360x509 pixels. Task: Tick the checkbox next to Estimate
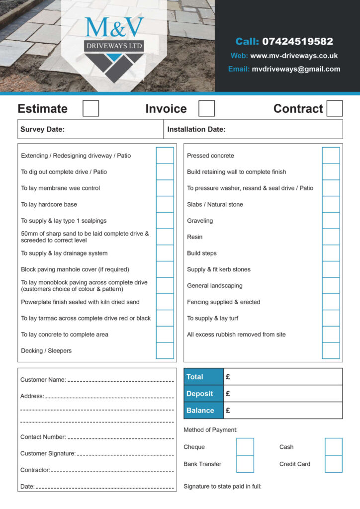click(x=90, y=108)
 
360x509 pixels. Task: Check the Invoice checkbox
click(x=206, y=108)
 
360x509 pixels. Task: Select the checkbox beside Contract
click(x=335, y=108)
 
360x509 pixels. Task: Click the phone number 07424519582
click(x=297, y=41)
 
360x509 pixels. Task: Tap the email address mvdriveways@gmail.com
click(x=296, y=69)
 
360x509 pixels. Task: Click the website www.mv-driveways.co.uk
click(x=294, y=56)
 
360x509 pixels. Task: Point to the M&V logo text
click(x=114, y=29)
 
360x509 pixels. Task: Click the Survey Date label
click(x=42, y=129)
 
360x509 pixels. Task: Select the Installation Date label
click(x=196, y=129)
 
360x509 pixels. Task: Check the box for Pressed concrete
click(x=331, y=156)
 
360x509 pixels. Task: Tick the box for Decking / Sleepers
click(x=165, y=350)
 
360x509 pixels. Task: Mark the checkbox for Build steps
click(x=331, y=253)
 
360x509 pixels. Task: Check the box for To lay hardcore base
click(x=165, y=204)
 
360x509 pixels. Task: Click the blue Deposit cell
click(x=203, y=394)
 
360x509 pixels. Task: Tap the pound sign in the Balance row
click(x=228, y=410)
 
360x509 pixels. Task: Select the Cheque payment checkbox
click(x=245, y=447)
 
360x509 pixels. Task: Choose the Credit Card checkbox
click(x=333, y=464)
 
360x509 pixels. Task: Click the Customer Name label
click(x=43, y=380)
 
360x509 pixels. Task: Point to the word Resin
click(x=194, y=237)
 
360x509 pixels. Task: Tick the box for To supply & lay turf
click(x=331, y=318)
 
